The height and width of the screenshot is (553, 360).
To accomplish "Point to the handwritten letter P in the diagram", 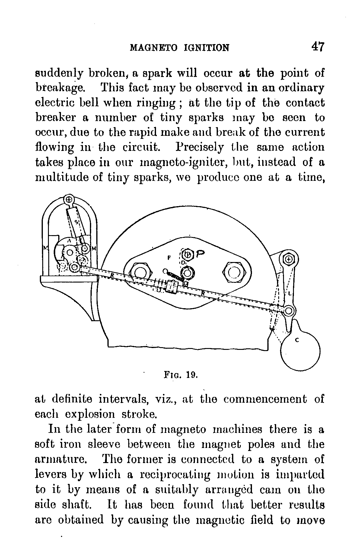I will point(200,255).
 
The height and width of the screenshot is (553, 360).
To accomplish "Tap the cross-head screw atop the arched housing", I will point(69,199).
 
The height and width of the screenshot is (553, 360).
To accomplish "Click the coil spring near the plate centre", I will point(174,276).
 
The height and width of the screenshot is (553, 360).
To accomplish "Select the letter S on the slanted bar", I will point(77,222).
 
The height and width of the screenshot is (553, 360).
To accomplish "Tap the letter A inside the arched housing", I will point(69,241).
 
